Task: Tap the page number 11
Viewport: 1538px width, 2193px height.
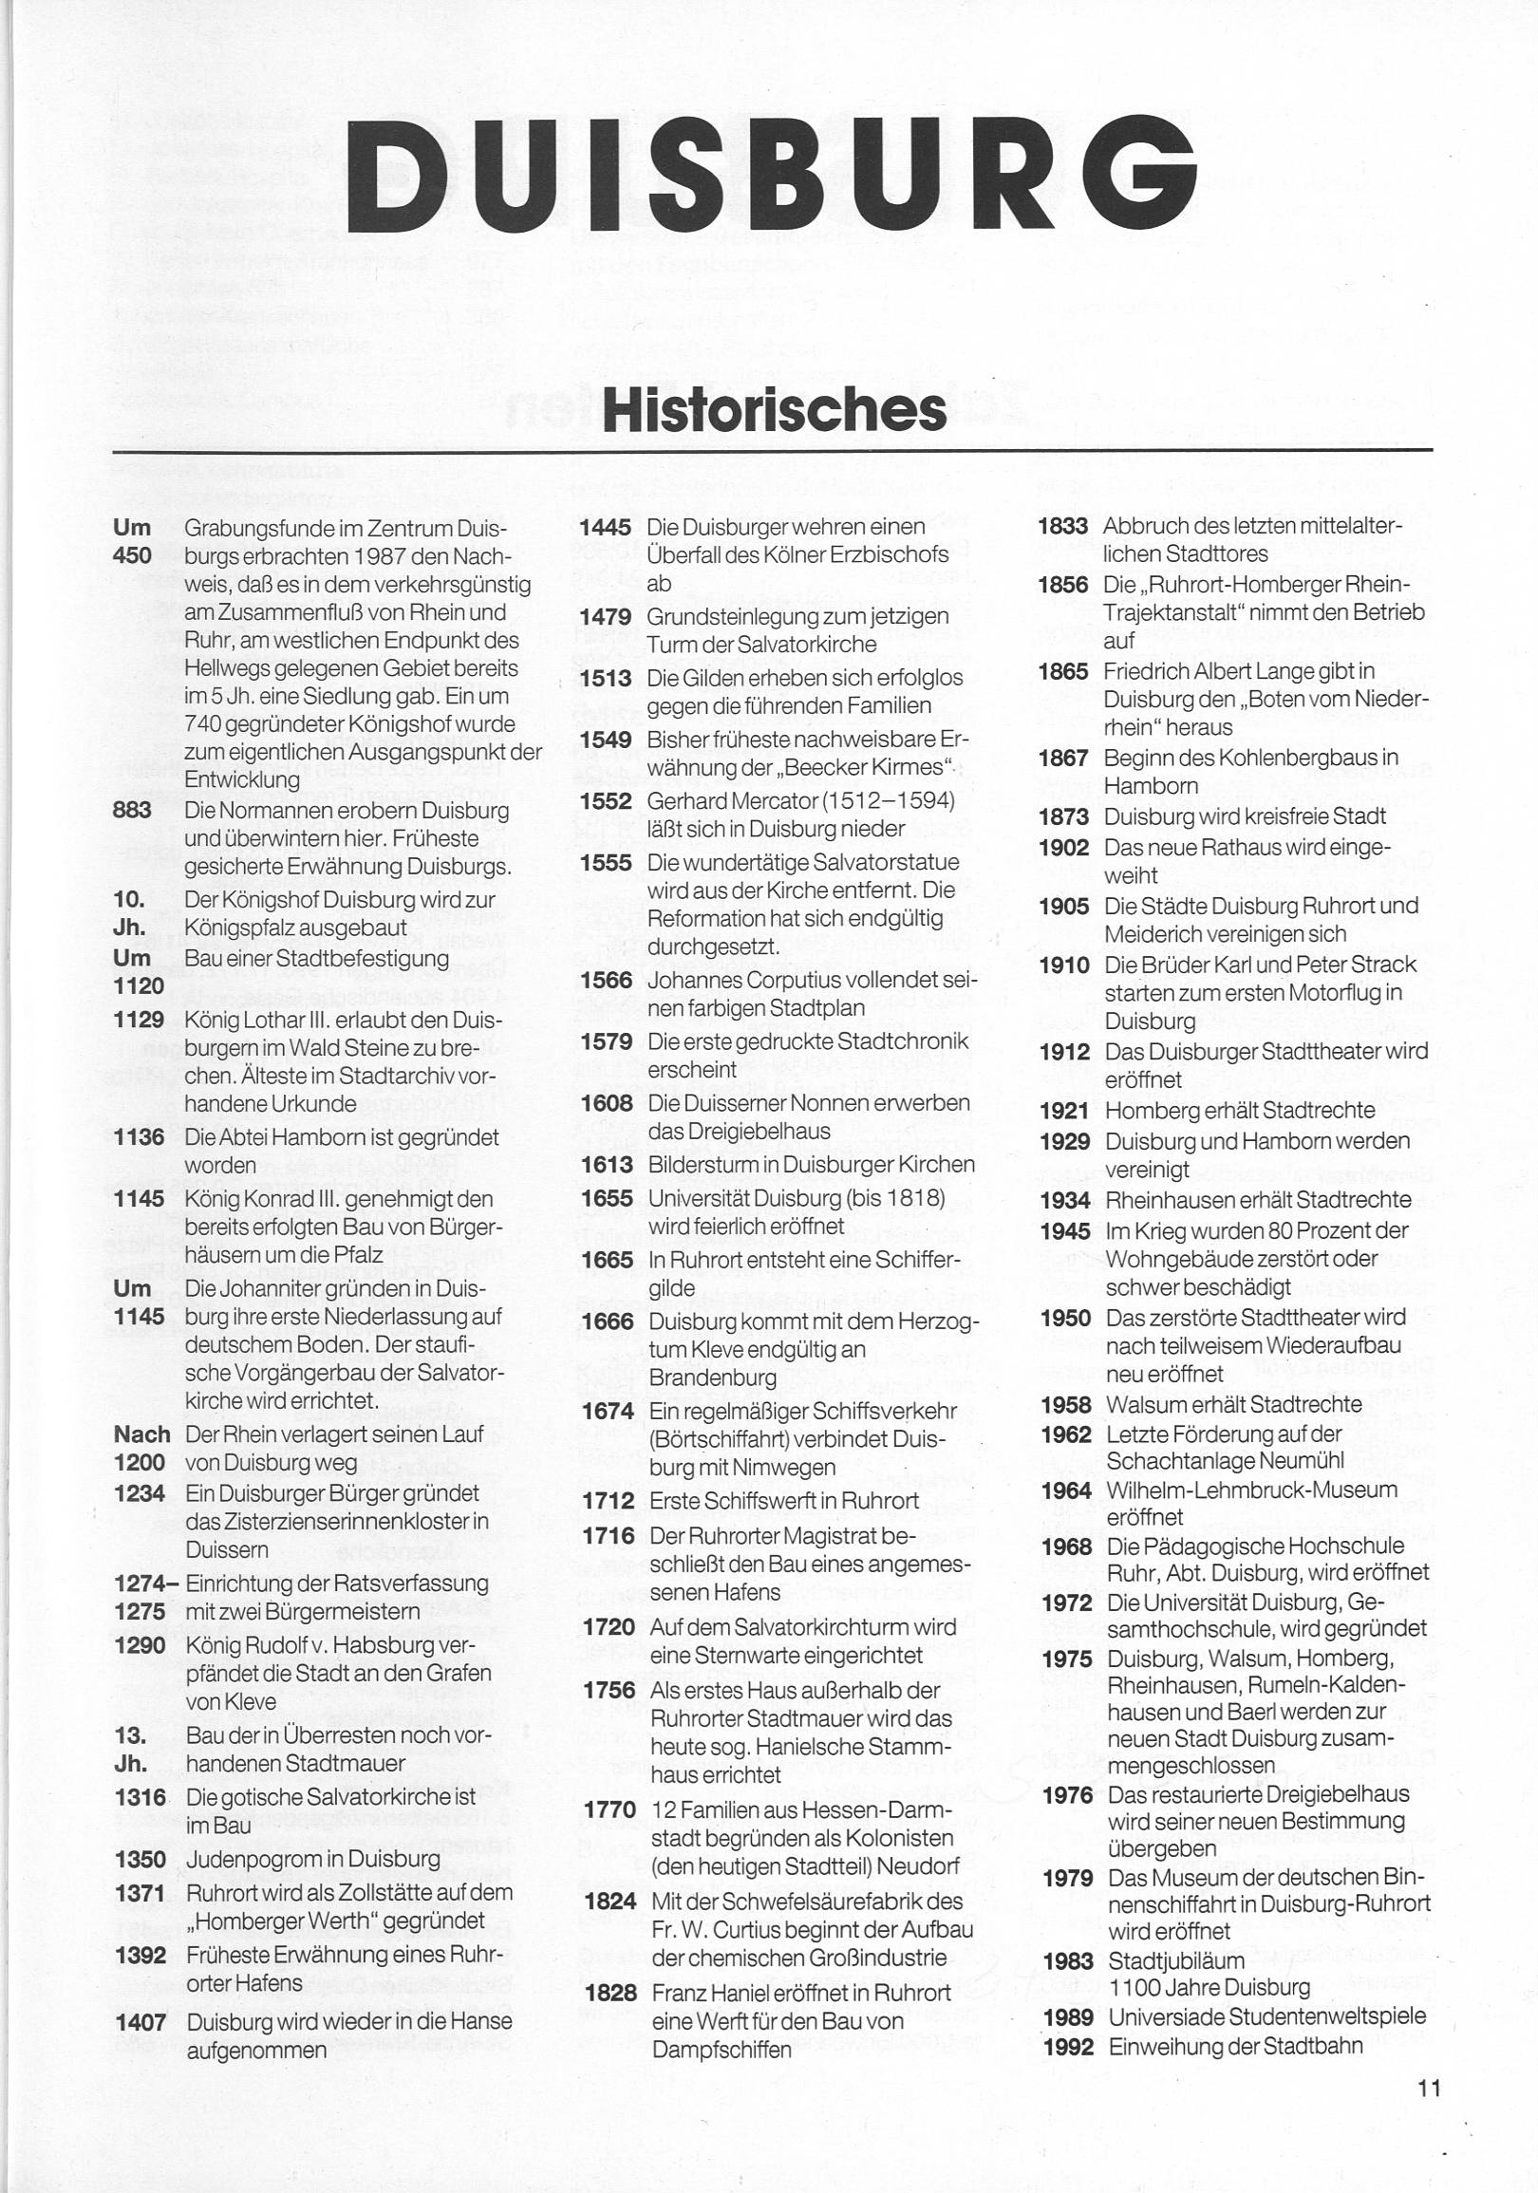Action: click(x=1428, y=2088)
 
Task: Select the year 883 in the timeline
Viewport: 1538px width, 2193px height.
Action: click(x=132, y=810)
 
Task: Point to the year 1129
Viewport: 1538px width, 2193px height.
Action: click(x=139, y=1021)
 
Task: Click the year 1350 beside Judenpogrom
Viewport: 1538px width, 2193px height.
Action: click(x=140, y=1859)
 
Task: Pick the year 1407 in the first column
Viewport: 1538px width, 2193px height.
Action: click(x=141, y=2021)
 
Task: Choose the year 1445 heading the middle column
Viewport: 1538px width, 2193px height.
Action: click(x=606, y=526)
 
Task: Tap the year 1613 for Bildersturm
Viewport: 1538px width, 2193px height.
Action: click(x=607, y=1164)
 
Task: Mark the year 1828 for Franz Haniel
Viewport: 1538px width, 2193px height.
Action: click(x=610, y=1993)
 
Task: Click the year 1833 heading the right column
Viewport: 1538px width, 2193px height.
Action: click(x=1062, y=526)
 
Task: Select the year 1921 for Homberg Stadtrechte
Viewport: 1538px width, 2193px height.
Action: click(x=1065, y=1111)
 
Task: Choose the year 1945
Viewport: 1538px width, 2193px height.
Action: click(x=1065, y=1231)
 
